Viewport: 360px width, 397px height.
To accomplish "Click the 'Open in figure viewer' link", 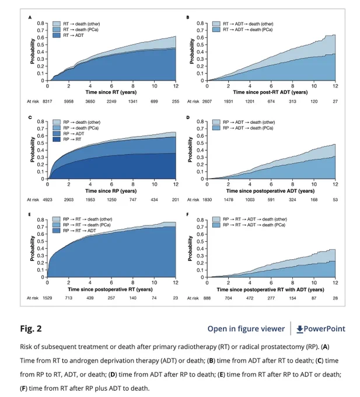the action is tap(246, 329).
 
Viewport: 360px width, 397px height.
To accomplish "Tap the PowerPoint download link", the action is tap(321, 329).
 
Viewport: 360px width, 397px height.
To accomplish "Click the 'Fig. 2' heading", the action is tap(30, 329).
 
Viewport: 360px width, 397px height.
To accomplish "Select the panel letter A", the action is tap(30, 18).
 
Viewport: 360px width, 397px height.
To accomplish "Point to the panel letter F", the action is tap(187, 214).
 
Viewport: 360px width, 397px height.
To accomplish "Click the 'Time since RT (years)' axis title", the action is tap(111, 92).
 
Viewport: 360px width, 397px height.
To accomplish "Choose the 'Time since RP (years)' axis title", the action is tap(111, 191).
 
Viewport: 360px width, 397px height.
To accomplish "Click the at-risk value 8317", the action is tap(47, 101).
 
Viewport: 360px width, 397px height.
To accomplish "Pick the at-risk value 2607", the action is tap(207, 101).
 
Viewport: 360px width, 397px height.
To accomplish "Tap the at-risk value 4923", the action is tap(47, 200).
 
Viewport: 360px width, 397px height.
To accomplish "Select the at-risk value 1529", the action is tap(47, 298).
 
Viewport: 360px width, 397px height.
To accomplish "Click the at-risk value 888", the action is tap(207, 298).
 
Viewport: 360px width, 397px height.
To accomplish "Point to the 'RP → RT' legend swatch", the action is tap(57, 140).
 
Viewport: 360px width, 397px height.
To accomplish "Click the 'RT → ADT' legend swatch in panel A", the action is tap(57, 35).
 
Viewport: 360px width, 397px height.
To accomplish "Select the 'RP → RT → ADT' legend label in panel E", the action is tap(79, 231).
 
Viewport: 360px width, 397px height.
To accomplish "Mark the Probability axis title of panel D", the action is tap(190, 149).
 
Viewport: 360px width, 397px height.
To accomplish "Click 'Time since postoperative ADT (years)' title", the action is tap(271, 191).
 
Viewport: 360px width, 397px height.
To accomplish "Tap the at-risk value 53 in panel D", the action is tap(335, 200).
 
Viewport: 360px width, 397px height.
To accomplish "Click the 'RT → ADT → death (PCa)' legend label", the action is tap(247, 30).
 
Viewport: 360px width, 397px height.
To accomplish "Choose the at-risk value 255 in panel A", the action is tap(176, 101).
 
